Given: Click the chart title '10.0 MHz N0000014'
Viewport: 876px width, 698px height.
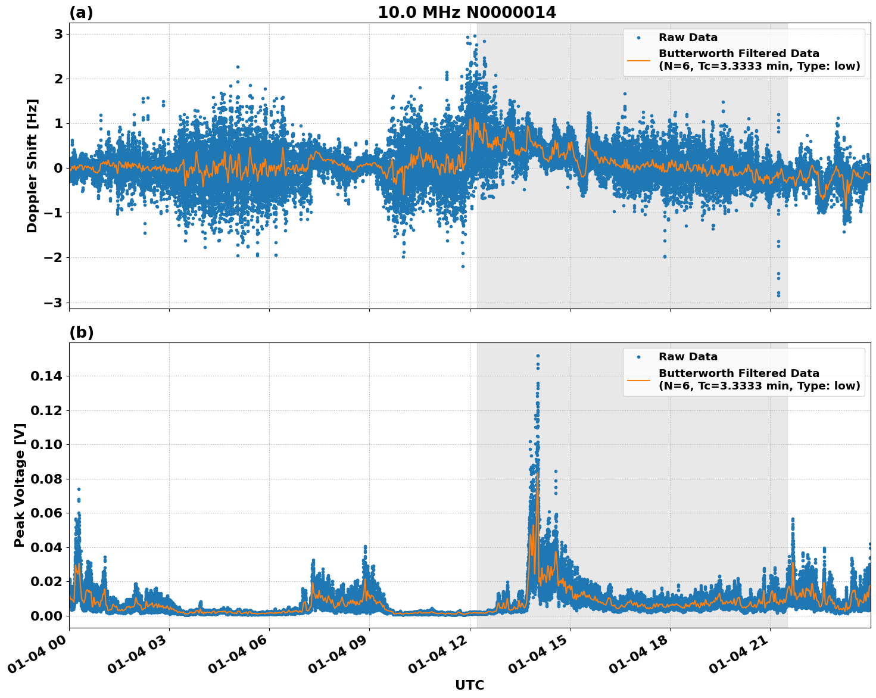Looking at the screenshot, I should coord(467,13).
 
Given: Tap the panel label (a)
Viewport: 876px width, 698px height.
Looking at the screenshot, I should coord(81,13).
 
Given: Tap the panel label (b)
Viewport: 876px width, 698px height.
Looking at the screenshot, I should coord(81,332).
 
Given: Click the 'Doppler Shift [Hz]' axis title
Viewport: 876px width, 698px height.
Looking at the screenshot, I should coord(32,166).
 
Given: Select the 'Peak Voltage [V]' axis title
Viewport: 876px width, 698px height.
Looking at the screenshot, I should coord(20,485).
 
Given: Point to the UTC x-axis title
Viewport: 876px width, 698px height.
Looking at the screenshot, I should coord(469,685).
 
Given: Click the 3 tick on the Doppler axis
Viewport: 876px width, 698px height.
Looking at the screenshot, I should coord(58,34).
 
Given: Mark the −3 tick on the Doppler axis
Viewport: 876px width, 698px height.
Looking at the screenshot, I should coord(54,303).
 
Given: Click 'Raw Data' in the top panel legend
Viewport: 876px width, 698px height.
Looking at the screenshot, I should coord(688,38).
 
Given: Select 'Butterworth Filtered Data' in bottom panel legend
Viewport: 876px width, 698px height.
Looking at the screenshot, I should coord(738,373).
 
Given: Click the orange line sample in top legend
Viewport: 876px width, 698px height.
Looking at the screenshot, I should coord(638,60).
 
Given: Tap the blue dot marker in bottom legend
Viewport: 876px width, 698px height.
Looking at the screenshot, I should coord(638,357).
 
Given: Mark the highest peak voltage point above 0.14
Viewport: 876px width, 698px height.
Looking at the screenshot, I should coord(538,356).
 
